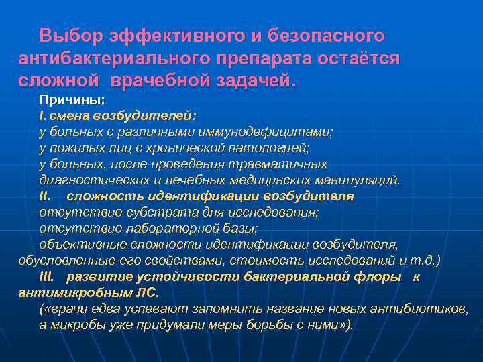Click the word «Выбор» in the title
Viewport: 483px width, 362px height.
pos(69,34)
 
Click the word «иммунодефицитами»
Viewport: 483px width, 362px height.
pos(270,132)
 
